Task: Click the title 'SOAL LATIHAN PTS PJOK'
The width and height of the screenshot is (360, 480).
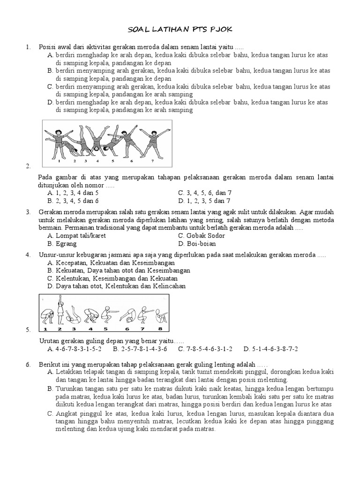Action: click(180, 30)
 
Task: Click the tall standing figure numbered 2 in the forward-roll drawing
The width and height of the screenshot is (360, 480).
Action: click(60, 311)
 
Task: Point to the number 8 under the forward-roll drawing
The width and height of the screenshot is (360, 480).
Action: click(159, 330)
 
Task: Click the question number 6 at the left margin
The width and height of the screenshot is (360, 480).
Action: click(28, 364)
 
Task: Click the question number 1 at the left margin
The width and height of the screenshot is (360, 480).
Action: click(28, 47)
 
